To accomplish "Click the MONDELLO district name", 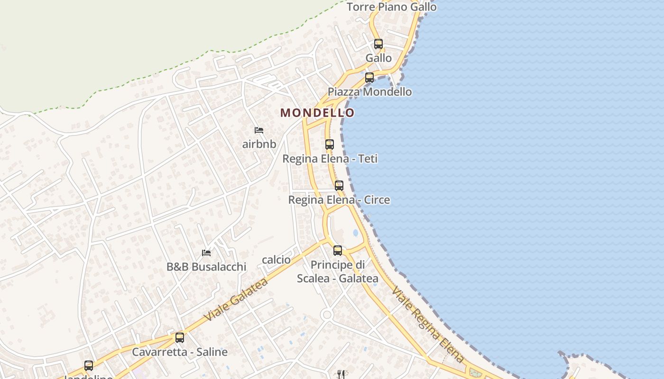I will tap(317, 113).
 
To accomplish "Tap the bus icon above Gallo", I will tap(378, 44).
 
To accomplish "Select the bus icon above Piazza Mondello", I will tap(369, 78).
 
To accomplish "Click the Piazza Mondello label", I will tap(370, 92).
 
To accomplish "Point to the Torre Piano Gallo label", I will tap(391, 7).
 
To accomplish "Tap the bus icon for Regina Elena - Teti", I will tap(330, 144).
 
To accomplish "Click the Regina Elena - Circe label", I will tap(339, 200).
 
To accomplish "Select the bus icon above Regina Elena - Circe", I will tap(339, 186).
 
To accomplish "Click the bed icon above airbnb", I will tap(259, 130).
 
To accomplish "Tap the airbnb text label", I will tap(259, 144).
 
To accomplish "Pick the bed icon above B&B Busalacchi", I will tap(206, 253).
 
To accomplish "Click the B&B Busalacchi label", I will tap(206, 267).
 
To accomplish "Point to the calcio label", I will tap(276, 260).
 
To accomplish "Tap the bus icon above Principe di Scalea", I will tap(338, 251).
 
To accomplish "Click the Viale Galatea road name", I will tap(236, 300).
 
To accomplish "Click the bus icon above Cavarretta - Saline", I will tap(180, 338).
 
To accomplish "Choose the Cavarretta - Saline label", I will tap(180, 352).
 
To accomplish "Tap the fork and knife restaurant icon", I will tap(341, 374).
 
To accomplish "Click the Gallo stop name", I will tap(378, 58).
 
